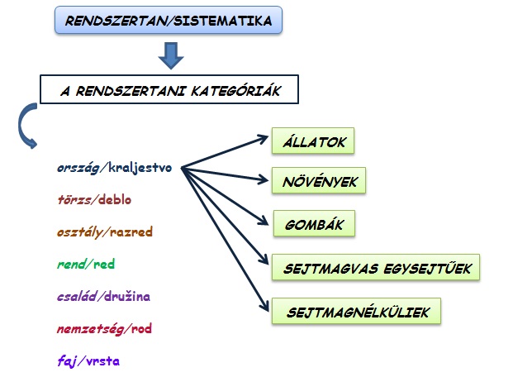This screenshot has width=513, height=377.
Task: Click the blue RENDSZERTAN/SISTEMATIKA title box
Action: coord(169,20)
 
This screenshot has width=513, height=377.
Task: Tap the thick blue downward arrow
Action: coord(171,55)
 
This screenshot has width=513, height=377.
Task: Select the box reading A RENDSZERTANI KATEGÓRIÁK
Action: coord(169,89)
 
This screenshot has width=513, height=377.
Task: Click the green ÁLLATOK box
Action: coord(313,141)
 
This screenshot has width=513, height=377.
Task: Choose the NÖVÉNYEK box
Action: coord(319,180)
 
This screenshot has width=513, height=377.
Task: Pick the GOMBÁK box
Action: coord(314,223)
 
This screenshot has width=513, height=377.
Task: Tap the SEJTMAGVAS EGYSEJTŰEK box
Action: coord(376,267)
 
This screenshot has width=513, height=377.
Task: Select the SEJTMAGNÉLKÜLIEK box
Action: coord(356,311)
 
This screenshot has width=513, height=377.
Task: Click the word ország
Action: coord(78,168)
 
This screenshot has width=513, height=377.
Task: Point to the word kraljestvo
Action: coord(140,167)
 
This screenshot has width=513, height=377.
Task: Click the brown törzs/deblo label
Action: coord(94,199)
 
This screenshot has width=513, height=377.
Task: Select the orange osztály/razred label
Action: coord(105,231)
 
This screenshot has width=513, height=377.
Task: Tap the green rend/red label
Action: coord(86,264)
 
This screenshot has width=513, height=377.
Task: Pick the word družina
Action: coord(127,296)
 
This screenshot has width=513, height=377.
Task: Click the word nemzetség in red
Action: coord(90,329)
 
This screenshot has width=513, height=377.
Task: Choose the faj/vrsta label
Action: coord(88,361)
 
